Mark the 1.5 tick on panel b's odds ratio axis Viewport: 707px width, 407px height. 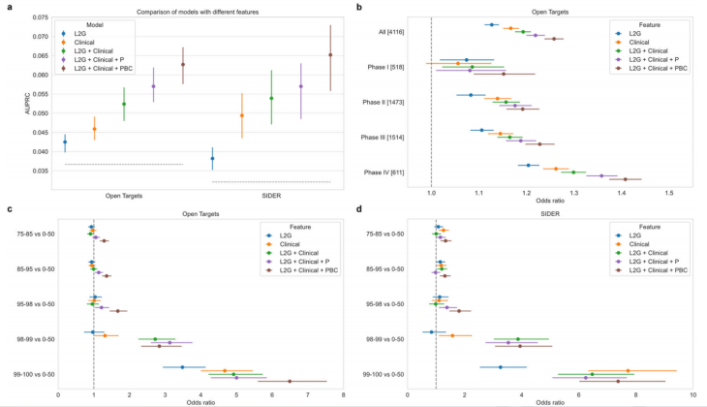(x=669, y=194)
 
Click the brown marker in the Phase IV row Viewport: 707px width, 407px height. (x=625, y=179)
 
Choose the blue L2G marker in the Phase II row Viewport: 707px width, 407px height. (x=471, y=95)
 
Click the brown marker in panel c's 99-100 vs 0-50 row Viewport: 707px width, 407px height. (x=290, y=381)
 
